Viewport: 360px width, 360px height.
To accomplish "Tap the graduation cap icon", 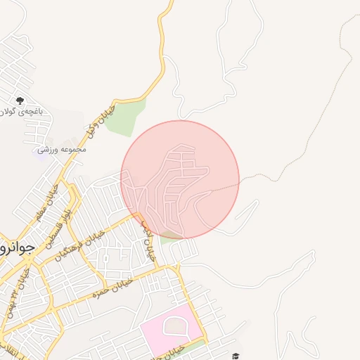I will (x=236, y=356).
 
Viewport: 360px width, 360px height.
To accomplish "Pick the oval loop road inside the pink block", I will (x=174, y=325).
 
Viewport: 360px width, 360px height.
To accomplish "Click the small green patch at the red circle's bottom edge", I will (x=169, y=237).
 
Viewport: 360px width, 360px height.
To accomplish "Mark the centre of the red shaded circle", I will (x=180, y=180).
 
